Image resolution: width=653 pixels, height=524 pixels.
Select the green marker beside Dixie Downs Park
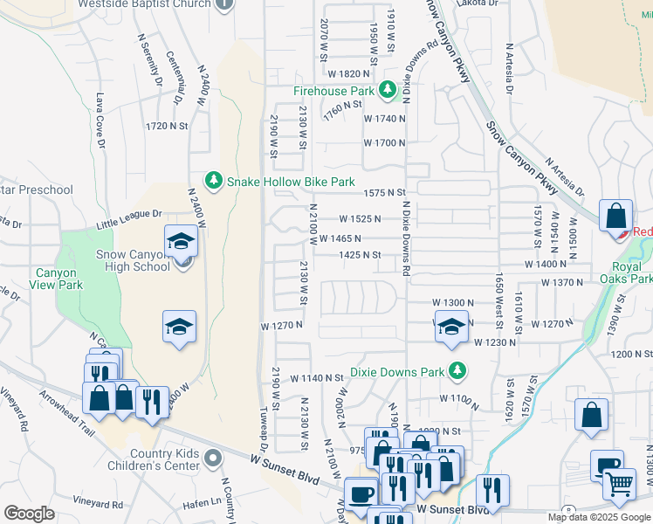click(x=456, y=370)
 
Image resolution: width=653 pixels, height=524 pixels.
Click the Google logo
click(x=29, y=514)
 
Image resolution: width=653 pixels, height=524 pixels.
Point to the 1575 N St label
click(x=386, y=192)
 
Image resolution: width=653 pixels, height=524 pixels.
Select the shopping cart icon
click(x=620, y=482)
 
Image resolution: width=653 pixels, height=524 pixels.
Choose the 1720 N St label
click(x=168, y=126)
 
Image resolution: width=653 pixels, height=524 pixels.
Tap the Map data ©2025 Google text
click(x=599, y=517)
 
